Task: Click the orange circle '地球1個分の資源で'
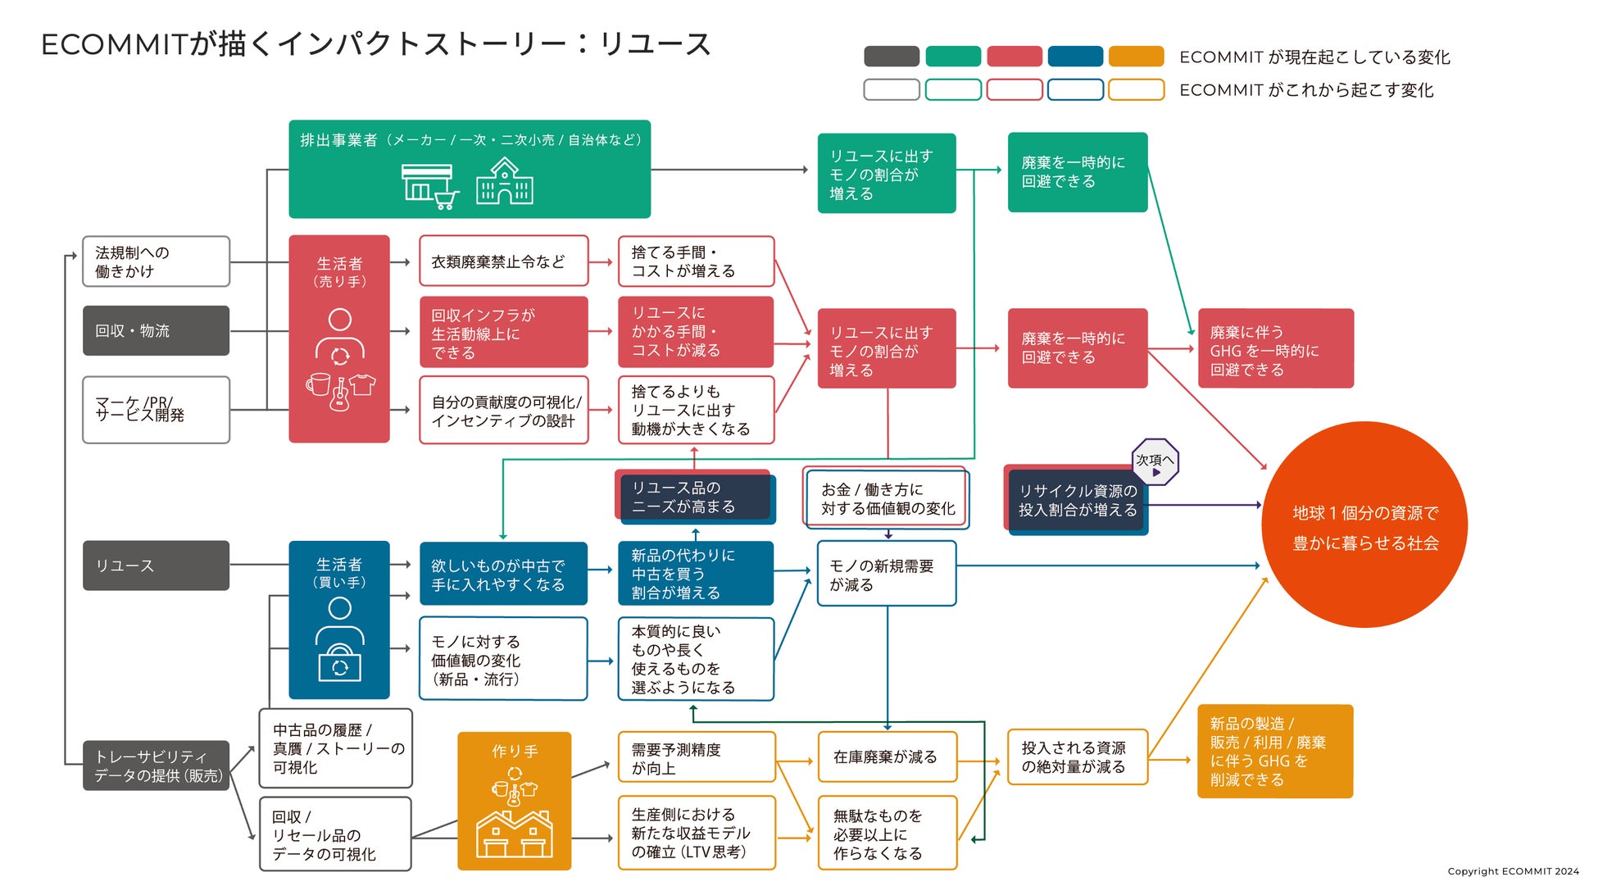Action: tap(1364, 525)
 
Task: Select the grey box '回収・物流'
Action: tap(156, 330)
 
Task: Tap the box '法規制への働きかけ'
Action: tap(156, 261)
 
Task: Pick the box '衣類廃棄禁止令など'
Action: tap(503, 261)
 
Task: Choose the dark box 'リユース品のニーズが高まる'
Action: tap(695, 497)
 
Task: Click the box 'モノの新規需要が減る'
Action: tap(887, 574)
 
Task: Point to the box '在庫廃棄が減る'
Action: tap(887, 757)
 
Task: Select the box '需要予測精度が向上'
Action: tap(696, 757)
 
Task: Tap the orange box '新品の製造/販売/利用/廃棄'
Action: tap(1274, 751)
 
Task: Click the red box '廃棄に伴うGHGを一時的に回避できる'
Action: tap(1275, 348)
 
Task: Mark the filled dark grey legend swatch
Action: tap(892, 57)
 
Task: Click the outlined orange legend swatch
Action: tap(1136, 89)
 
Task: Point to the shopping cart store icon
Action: tap(429, 186)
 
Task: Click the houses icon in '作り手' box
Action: tap(515, 834)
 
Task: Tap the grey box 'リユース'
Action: tap(156, 566)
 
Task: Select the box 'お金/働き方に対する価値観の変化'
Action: tap(887, 498)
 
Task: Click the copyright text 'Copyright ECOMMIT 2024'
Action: tap(1512, 871)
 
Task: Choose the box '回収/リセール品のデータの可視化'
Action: tap(335, 834)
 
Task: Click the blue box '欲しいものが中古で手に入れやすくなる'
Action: tap(503, 574)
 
